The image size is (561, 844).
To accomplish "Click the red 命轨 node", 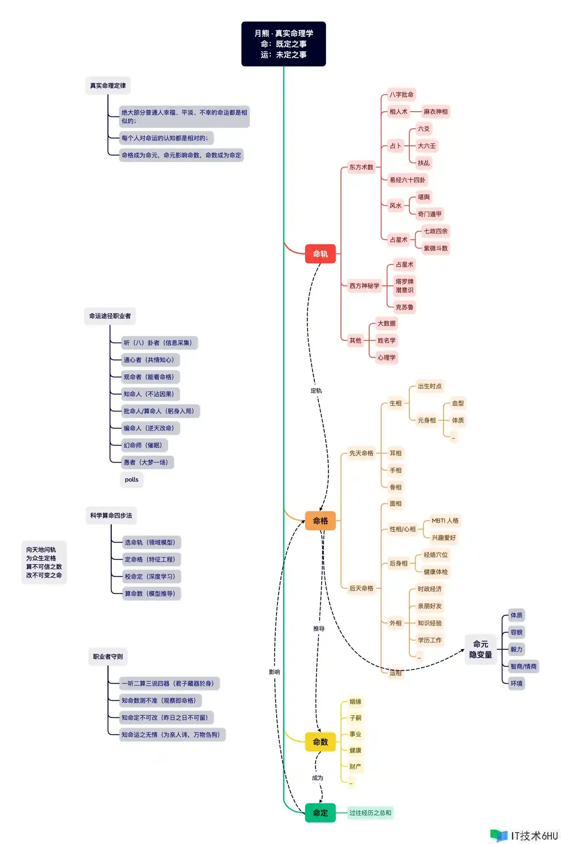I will (320, 254).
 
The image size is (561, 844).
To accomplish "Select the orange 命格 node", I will (320, 521).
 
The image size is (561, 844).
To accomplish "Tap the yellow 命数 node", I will (320, 742).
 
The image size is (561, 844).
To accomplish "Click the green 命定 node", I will (320, 813).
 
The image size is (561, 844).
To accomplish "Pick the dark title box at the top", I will (284, 44).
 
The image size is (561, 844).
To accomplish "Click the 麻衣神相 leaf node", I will (435, 112).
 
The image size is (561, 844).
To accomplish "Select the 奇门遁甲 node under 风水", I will (430, 214).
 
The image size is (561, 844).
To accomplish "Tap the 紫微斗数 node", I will (435, 248).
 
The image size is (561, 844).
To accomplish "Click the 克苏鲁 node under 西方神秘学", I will (404, 307).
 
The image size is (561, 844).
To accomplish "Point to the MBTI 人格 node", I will (445, 521).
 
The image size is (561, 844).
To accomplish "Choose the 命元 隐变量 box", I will (480, 649).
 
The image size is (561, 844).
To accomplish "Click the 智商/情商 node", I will (523, 666).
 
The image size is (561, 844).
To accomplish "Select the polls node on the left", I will (131, 480).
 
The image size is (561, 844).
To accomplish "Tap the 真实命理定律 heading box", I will (108, 85).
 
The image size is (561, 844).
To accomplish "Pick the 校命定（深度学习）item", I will (151, 576).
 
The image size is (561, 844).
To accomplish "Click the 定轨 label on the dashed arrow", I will (316, 391).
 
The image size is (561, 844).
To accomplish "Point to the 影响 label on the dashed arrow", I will (274, 672).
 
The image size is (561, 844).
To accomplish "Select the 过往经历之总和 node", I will (370, 813).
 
